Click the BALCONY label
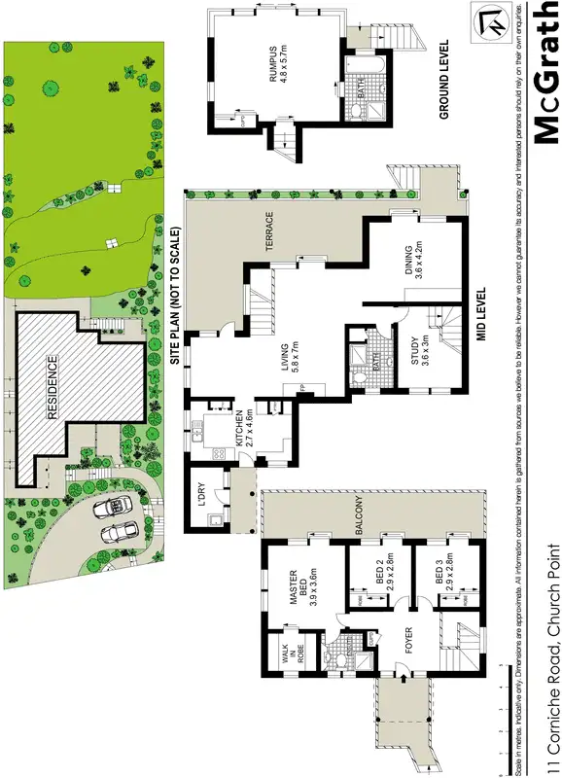[x=359, y=515]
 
